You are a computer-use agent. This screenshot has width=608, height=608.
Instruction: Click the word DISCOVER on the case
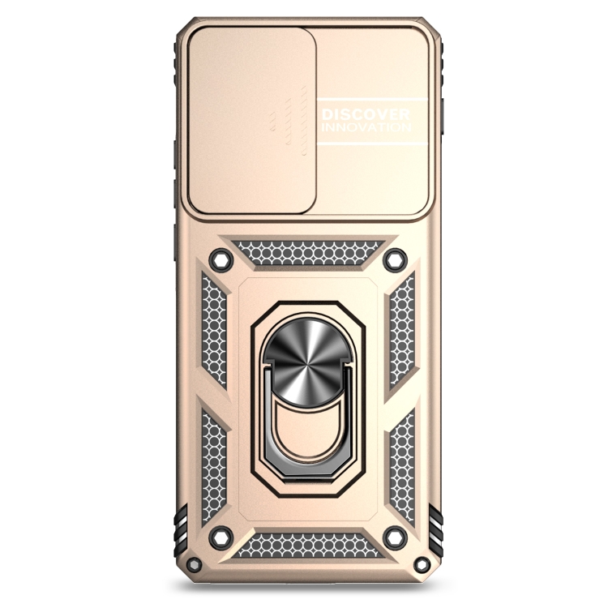click(x=366, y=115)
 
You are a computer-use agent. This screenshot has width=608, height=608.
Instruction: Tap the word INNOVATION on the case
click(x=366, y=127)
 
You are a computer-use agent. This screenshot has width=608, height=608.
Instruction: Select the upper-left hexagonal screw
click(x=221, y=259)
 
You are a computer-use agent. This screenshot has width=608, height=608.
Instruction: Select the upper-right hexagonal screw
click(x=395, y=259)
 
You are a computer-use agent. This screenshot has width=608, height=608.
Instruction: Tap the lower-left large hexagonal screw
click(x=221, y=537)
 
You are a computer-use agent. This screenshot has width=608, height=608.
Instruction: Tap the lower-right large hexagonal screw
click(x=395, y=537)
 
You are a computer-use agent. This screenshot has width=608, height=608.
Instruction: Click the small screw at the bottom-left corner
click(x=195, y=564)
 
